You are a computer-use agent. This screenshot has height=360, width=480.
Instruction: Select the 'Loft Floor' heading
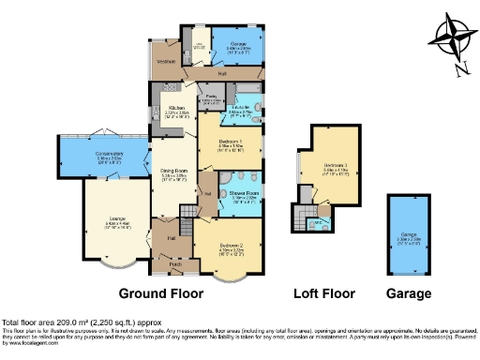324,293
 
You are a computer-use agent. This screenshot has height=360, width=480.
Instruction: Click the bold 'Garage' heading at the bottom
410,293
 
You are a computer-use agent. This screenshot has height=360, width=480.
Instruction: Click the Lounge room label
111,223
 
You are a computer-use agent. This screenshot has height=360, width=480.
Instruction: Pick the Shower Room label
245,193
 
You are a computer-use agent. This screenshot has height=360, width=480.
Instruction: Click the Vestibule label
167,62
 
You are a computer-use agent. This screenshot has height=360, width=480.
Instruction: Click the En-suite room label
243,110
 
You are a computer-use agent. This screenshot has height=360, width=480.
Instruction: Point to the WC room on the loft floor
318,222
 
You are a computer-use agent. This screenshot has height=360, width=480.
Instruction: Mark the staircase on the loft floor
300,218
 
